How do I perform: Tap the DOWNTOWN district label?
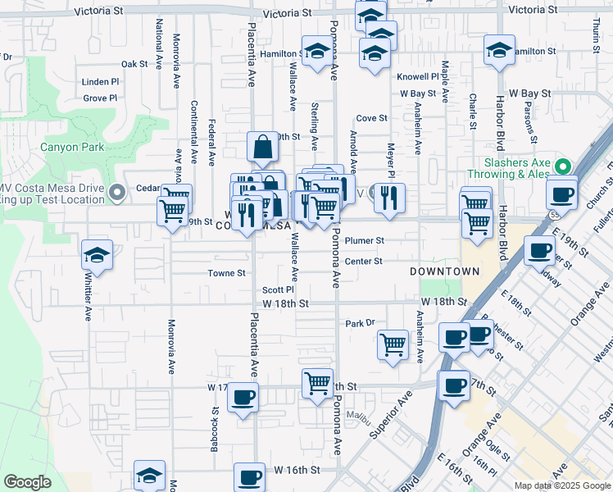point(445,271)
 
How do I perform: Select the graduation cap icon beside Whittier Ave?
point(97,255)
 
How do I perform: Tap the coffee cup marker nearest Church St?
point(562,194)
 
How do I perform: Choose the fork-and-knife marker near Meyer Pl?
point(389,197)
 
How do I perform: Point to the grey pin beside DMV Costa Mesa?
point(117,194)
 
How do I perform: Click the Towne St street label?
point(226,273)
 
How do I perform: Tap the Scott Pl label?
point(278,290)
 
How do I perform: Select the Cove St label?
point(371,119)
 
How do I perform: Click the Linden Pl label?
point(101,82)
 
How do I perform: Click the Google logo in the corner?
point(27,482)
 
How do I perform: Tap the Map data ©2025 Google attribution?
point(562,485)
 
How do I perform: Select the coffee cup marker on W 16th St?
point(249,477)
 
